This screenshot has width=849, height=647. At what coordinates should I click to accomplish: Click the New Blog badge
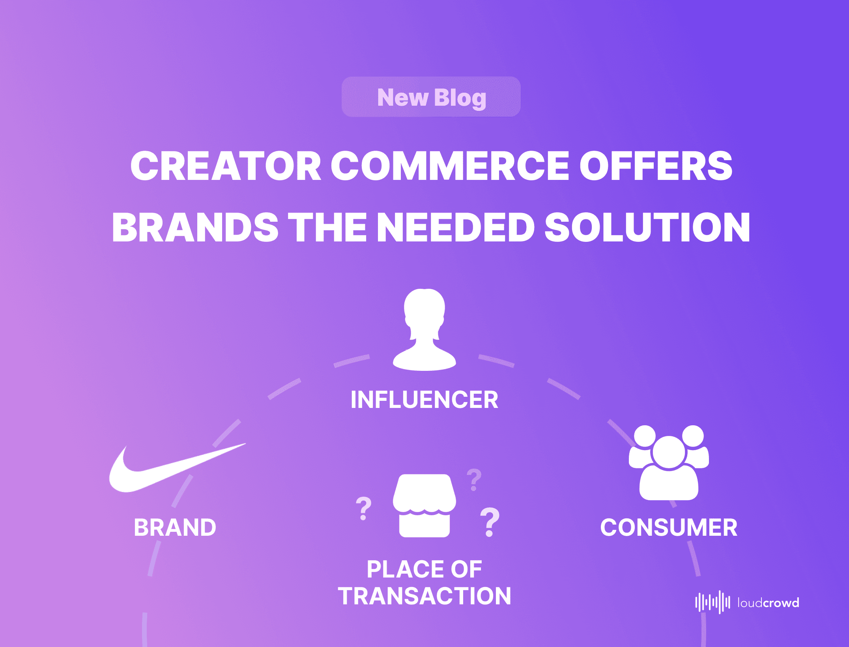coord(431,97)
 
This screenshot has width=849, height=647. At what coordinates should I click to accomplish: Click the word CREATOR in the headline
coord(226,166)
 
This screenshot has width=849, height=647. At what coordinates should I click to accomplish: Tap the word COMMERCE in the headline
coord(450,166)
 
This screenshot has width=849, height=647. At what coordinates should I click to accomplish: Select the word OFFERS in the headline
coord(656,166)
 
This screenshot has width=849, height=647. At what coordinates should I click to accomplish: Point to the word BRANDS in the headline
coord(195,227)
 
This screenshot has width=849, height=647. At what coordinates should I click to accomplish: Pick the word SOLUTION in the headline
coord(647,227)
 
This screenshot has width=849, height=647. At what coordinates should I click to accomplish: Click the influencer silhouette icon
coord(424,330)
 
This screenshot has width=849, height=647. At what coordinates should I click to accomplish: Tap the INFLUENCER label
coord(424,400)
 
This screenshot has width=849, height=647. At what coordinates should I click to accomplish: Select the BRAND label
coord(175,527)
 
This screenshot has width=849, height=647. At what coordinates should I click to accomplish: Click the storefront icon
coord(424,505)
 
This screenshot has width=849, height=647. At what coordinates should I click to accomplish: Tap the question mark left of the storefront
coord(364,509)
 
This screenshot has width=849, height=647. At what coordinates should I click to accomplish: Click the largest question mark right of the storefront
coord(490,522)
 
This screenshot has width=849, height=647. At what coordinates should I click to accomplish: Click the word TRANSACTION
coord(424,596)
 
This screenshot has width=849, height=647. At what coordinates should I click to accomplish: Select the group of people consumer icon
coord(669,463)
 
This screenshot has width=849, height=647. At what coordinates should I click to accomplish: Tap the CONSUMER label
coord(669,527)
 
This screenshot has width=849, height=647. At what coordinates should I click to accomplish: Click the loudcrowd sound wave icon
coord(712,602)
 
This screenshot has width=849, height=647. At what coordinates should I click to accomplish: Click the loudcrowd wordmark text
coord(769,602)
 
